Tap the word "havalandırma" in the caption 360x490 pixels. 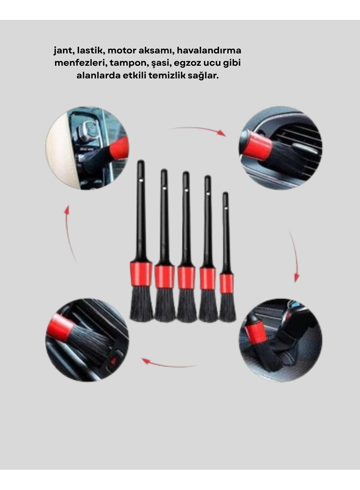coord(209,51)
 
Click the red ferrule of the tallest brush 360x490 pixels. coord(141,274)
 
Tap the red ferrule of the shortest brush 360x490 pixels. coord(227,283)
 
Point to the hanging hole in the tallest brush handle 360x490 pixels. coord(141,179)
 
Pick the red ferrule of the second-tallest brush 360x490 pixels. coord(165,276)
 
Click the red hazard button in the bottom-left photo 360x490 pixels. coord(114,361)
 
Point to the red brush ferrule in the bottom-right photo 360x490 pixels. coord(256,332)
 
